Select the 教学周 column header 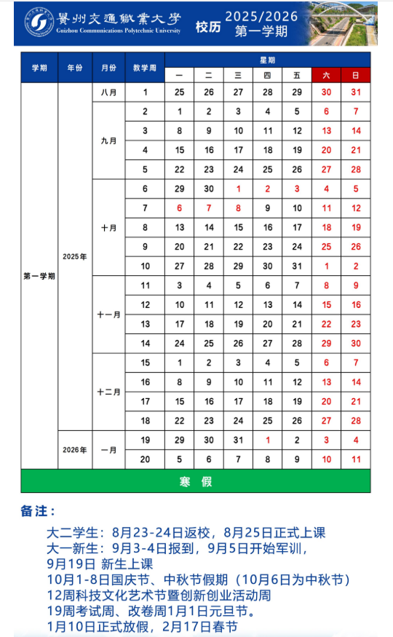(145, 68)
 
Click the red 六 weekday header (326, 75)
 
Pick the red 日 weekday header (355, 75)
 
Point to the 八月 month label (108, 92)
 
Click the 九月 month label (108, 141)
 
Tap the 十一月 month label (108, 314)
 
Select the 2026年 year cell (75, 450)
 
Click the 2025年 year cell (75, 256)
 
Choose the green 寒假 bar (195, 481)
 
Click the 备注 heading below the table (38, 512)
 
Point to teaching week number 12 (145, 305)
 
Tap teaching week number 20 (145, 459)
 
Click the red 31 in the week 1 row (355, 92)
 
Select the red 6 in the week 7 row (179, 208)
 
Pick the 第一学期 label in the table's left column (39, 276)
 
